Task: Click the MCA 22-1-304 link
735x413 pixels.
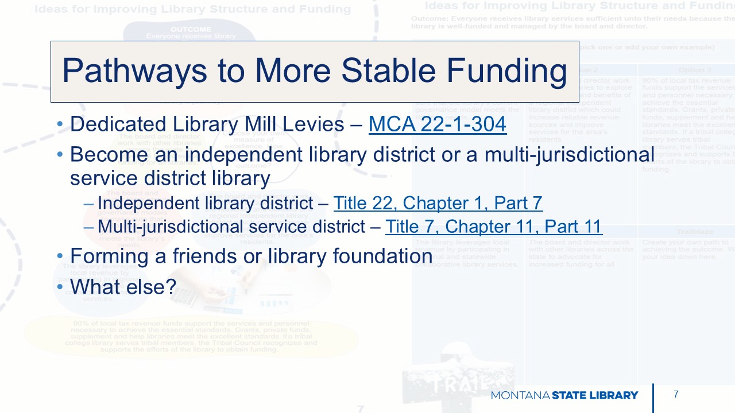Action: click(437, 124)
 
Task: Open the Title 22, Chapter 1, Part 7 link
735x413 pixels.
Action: click(438, 203)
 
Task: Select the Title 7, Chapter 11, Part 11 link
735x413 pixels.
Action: click(493, 227)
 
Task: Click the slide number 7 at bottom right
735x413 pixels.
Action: click(676, 394)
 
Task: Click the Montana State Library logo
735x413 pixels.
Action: click(564, 395)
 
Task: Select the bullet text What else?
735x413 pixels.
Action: click(123, 286)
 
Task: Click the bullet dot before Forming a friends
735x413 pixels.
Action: click(61, 256)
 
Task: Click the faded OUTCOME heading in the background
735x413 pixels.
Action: click(191, 29)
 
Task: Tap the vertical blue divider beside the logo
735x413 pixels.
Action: click(653, 398)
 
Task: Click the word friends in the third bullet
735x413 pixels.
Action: click(204, 256)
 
